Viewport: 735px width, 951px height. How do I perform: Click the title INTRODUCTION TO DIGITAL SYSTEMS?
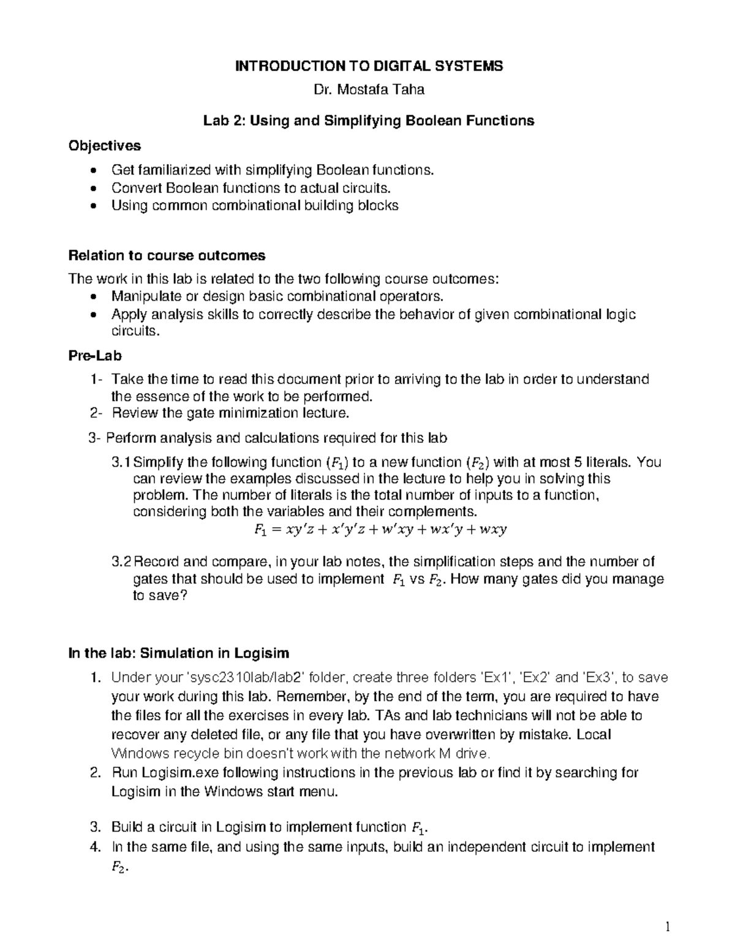[x=369, y=66]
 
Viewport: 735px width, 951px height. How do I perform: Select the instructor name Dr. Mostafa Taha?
[x=369, y=90]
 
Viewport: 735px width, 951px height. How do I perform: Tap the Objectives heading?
[x=104, y=146]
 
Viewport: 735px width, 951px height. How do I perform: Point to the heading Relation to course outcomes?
[x=167, y=255]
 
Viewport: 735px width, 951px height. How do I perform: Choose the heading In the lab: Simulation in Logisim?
[x=178, y=653]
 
